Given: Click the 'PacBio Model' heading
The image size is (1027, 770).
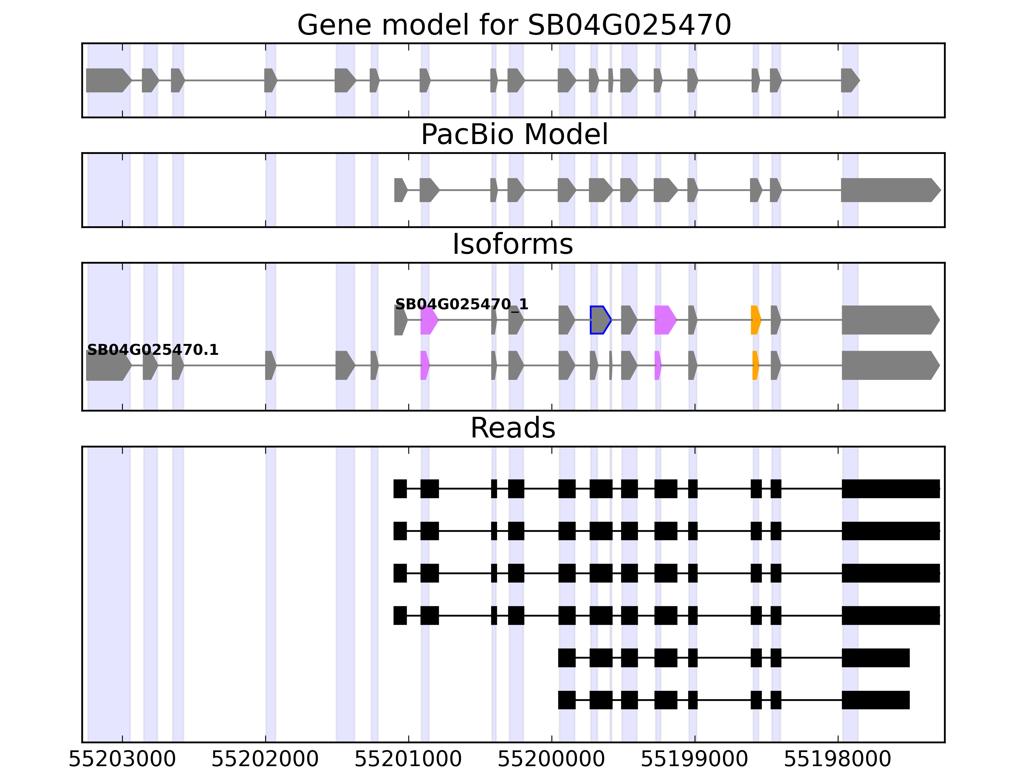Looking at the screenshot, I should [513, 135].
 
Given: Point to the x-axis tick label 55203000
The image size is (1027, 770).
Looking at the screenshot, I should [122, 760].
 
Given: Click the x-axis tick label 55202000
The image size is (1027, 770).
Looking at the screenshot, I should [265, 760].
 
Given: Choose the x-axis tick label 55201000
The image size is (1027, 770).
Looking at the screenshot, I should [408, 760].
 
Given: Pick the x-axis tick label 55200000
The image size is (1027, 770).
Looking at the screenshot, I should [551, 760].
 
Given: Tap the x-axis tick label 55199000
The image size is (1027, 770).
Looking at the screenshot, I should [695, 760].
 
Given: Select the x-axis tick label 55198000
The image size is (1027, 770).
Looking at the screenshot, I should [838, 760].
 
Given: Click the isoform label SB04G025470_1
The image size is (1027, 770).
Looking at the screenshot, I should [462, 304].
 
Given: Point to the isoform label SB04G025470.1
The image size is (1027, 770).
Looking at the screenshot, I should [153, 350].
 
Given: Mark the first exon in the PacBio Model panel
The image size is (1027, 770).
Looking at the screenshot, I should [400, 190].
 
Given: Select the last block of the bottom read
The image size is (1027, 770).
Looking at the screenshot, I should [875, 700].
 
